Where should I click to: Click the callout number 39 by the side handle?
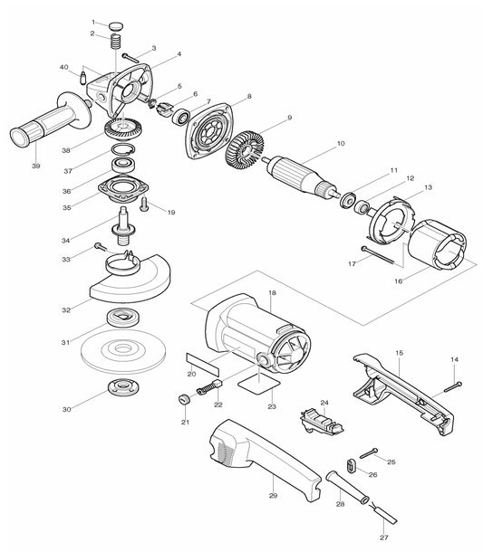click(x=35, y=166)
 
